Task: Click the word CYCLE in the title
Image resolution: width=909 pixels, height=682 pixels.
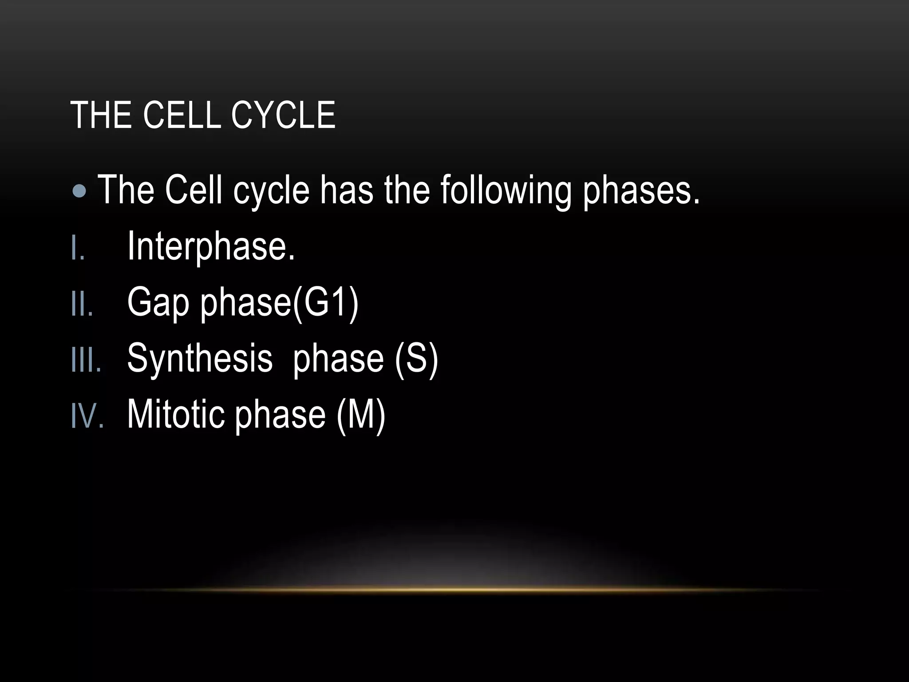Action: [x=283, y=115]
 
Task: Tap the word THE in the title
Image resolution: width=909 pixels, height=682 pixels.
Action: [x=100, y=115]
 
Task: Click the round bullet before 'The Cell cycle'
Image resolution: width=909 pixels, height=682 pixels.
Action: [x=79, y=191]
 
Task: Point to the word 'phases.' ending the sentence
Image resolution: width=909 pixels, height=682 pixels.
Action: [x=640, y=191]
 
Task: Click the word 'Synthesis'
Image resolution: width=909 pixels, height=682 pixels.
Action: [x=200, y=359]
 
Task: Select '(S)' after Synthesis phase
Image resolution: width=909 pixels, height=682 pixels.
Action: [x=416, y=359]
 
